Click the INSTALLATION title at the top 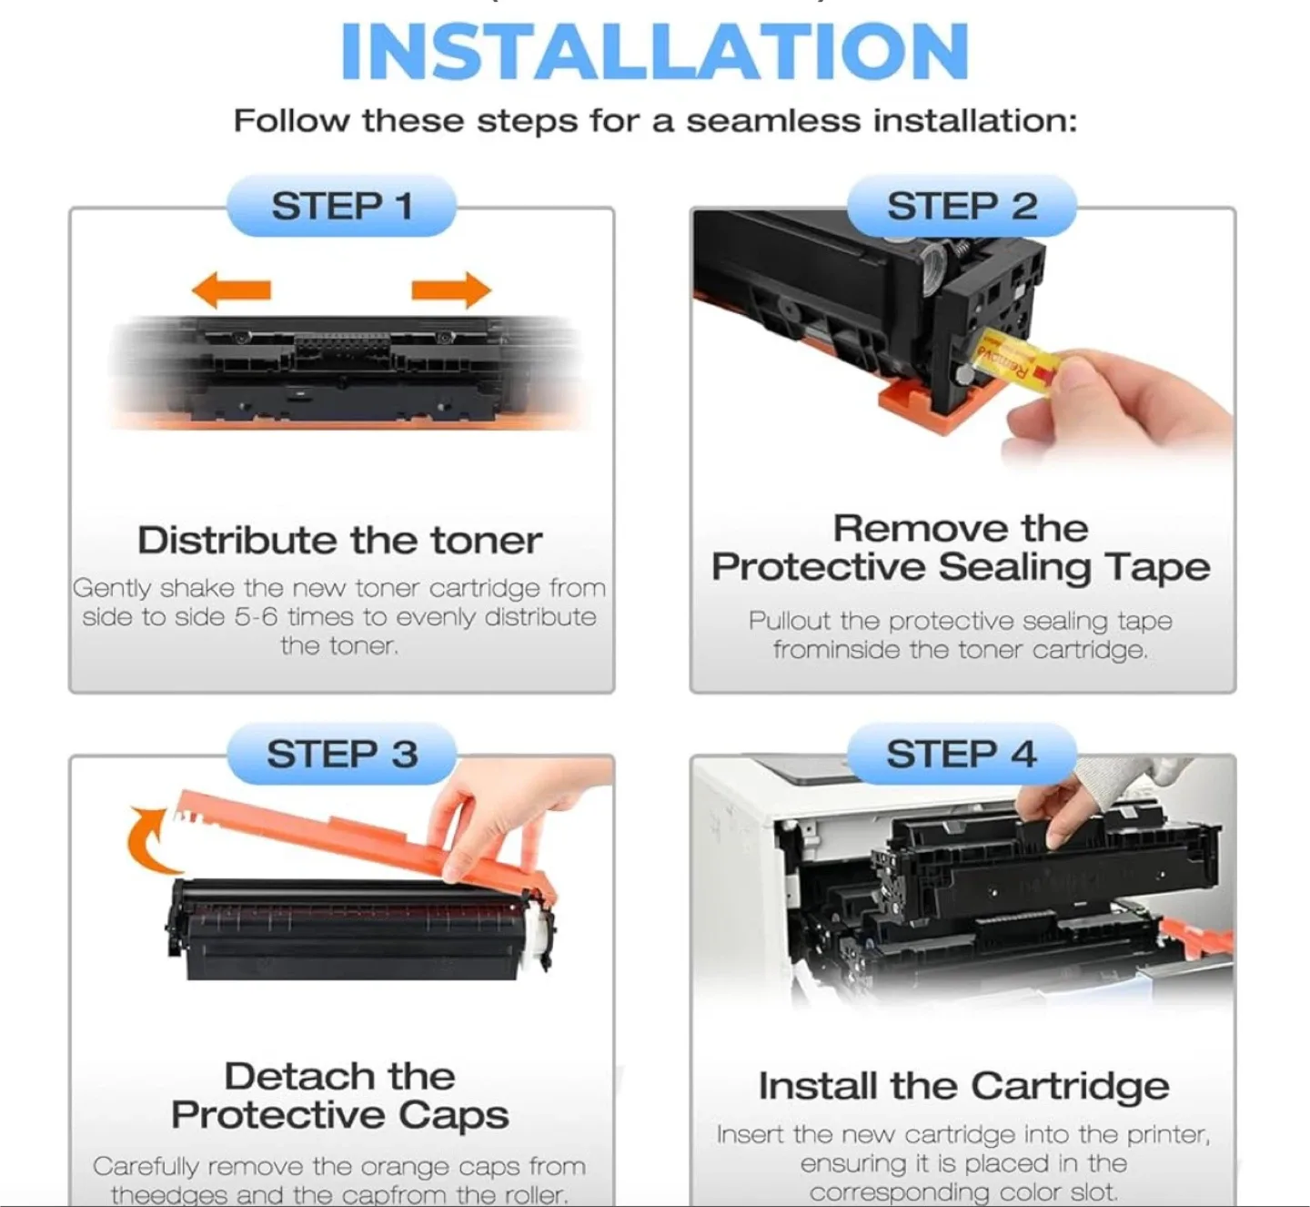[x=654, y=52]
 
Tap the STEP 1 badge [x=341, y=207]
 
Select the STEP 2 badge [x=962, y=207]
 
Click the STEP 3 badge [x=341, y=755]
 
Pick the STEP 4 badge [x=962, y=755]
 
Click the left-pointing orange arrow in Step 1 [x=232, y=290]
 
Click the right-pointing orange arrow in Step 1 [x=450, y=290]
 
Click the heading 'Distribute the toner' [x=339, y=541]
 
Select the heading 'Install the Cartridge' [x=963, y=1086]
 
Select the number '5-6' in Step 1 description [x=256, y=617]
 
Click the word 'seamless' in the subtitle [x=772, y=121]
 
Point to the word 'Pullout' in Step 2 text [x=789, y=621]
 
